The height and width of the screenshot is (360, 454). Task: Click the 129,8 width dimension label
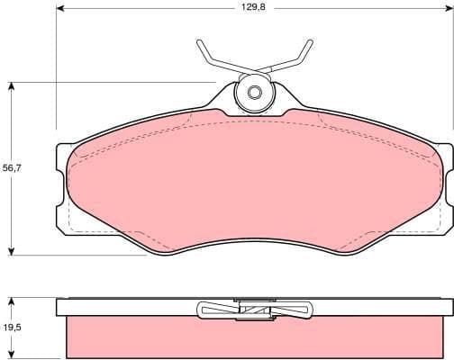pyautogui.click(x=252, y=7)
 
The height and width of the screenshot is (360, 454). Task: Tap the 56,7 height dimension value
pyautogui.click(x=12, y=166)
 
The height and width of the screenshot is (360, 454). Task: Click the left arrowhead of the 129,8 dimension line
pyautogui.click(x=60, y=7)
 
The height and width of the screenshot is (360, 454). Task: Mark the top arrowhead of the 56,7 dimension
pyautogui.click(x=12, y=86)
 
